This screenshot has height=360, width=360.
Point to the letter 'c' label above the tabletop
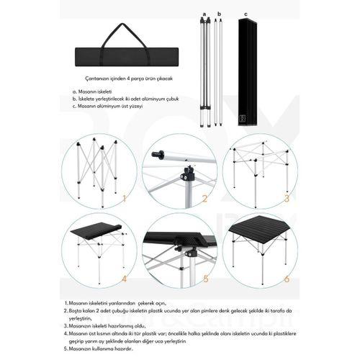(x=246, y=13)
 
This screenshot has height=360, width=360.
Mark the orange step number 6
(x=286, y=277)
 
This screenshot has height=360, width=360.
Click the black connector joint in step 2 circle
(x=189, y=175)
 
